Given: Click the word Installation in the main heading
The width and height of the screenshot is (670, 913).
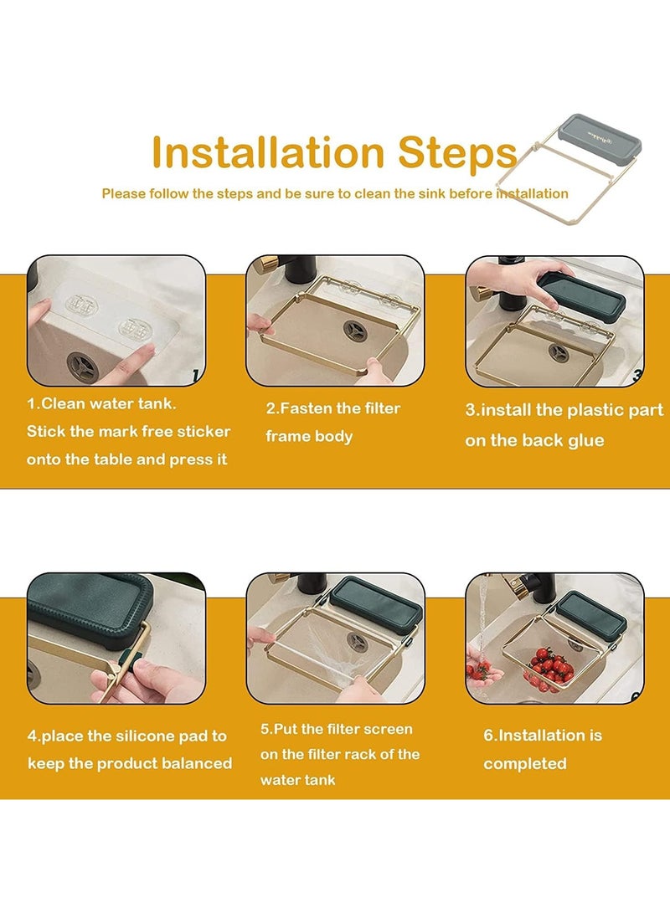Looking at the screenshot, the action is [267, 152].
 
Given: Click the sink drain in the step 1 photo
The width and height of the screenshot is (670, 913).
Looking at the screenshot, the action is [82, 367].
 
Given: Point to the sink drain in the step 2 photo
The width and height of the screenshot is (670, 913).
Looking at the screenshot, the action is [353, 331].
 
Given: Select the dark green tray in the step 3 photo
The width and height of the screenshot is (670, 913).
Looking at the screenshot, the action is [580, 296].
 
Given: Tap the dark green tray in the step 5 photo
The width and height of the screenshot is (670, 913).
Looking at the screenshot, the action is [376, 605].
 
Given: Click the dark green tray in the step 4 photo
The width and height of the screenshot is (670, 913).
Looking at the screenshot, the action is [90, 609].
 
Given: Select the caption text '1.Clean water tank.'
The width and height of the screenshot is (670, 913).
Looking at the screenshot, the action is [101, 403].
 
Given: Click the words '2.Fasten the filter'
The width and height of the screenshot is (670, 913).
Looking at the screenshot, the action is [333, 408].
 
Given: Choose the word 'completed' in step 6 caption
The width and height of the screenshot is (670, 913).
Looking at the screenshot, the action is [525, 764].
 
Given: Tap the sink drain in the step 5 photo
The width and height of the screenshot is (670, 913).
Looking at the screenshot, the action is [357, 642].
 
